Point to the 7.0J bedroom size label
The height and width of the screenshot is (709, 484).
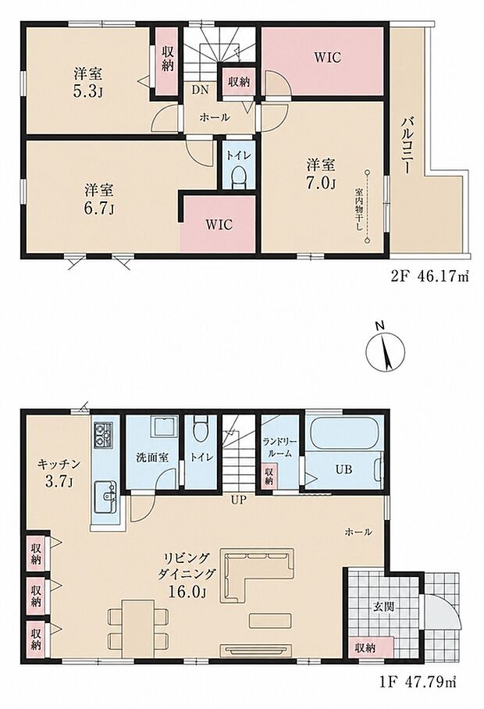322,183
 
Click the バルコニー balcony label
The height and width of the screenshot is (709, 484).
406,144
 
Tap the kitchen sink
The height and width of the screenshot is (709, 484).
105,497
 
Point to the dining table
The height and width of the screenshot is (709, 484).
137,629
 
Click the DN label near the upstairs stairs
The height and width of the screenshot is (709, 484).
200,90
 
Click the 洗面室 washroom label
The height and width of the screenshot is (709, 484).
152,457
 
